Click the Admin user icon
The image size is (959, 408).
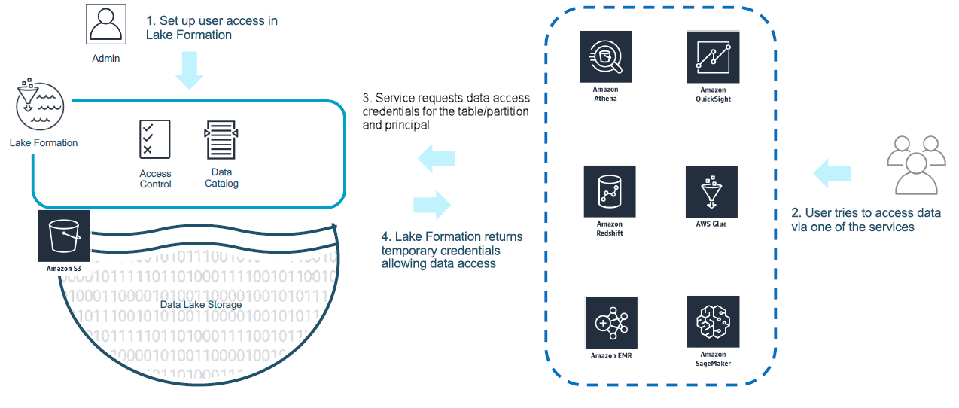point(105,25)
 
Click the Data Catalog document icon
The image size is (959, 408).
point(221,139)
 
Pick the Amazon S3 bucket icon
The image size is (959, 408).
point(64,235)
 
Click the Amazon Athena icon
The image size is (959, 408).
point(605,56)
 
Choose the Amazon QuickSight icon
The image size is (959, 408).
point(713,56)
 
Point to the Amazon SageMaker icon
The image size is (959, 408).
point(713,321)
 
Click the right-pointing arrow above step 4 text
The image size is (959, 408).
point(432,204)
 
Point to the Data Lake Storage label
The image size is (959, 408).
point(201,304)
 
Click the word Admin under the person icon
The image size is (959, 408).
point(105,58)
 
